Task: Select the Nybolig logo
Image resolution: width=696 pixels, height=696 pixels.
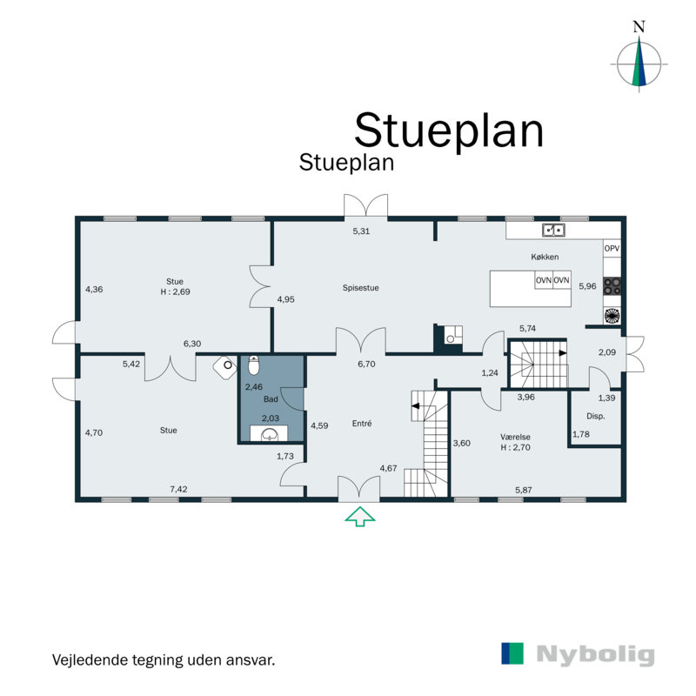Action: tap(578, 654)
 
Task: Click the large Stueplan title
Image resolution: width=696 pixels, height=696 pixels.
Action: tap(448, 130)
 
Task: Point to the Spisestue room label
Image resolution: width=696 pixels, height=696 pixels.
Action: tap(361, 287)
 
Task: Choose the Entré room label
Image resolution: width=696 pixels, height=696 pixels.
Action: tap(362, 424)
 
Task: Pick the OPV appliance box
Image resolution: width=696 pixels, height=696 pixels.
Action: tap(612, 249)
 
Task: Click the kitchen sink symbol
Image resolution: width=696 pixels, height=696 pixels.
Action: tap(552, 231)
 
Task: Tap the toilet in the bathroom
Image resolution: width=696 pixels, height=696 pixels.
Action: tap(254, 365)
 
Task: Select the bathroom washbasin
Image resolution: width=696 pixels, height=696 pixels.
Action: tap(271, 432)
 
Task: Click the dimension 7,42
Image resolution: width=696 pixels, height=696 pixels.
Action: tap(178, 490)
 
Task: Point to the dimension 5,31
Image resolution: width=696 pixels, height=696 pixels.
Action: tap(361, 231)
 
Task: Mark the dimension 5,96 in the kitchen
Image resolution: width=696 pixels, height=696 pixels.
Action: tap(588, 286)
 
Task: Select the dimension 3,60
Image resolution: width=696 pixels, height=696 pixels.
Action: tap(461, 444)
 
